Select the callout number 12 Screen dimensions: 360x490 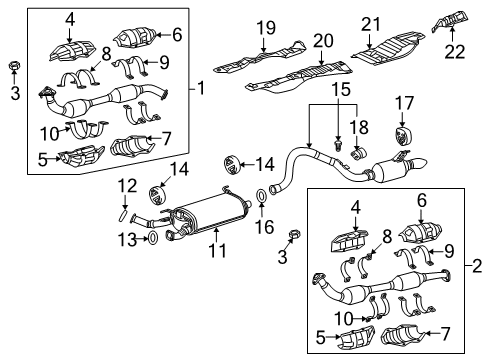point(125,185)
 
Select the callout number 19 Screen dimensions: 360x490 point(266,27)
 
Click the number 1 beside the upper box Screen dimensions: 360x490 point(201,88)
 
